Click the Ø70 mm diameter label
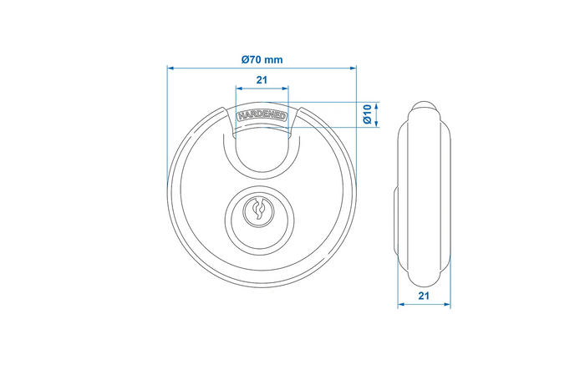262,59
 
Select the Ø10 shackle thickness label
368,115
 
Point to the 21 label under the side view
425,296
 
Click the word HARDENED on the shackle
262,117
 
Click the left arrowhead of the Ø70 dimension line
171,68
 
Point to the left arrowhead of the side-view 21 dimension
400,305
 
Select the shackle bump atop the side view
425,108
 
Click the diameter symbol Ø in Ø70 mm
245,59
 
